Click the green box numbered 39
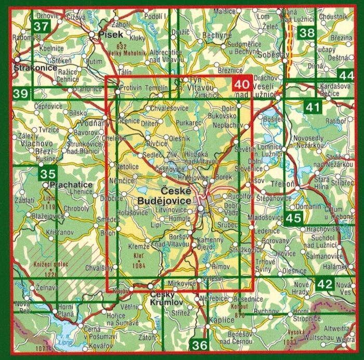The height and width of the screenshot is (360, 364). coord(21,94)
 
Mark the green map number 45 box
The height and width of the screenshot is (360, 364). coord(294,218)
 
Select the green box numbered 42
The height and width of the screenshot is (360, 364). coord(324,284)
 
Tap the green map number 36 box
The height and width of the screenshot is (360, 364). coord(199,344)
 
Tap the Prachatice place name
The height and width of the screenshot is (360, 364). coord(71,184)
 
